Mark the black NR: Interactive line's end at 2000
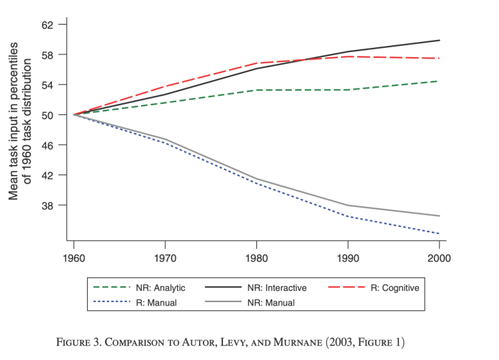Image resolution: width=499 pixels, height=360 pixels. click(x=439, y=41)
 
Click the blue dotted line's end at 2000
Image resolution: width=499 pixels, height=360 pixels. click(x=439, y=234)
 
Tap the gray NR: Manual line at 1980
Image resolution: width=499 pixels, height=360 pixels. click(x=256, y=179)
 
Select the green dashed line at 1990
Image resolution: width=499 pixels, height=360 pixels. click(x=348, y=89)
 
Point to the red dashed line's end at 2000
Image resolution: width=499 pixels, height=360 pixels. click(x=439, y=59)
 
